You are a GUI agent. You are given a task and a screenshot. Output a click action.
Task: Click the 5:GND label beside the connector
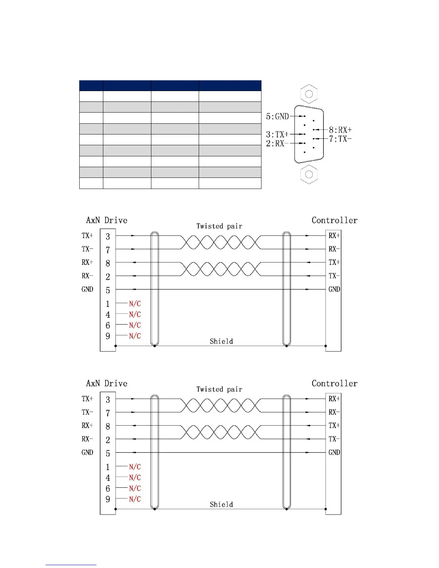(x=277, y=116)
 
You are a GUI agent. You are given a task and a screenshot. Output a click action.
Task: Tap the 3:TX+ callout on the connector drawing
(x=277, y=134)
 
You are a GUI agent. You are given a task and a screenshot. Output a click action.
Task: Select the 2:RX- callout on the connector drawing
(x=275, y=143)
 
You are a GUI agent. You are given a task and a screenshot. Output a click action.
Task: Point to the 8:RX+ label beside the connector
(x=340, y=130)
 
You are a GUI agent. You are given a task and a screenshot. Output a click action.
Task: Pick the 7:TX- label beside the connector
(x=340, y=139)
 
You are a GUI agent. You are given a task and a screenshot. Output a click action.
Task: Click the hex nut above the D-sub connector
(x=309, y=94)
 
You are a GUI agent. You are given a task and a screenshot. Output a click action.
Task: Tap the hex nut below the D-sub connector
(x=309, y=175)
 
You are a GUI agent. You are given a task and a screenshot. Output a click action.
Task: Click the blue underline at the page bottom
(x=71, y=565)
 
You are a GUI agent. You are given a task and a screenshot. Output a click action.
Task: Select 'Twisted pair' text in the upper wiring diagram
(x=219, y=226)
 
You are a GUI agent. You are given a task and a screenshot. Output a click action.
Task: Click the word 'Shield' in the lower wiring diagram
(x=221, y=505)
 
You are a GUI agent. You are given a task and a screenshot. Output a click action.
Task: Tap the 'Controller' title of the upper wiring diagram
(x=334, y=220)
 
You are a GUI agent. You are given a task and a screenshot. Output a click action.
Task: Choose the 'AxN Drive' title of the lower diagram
(x=107, y=383)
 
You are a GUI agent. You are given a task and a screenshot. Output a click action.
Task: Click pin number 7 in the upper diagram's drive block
(x=108, y=250)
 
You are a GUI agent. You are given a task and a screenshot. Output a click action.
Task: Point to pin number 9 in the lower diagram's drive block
(x=108, y=499)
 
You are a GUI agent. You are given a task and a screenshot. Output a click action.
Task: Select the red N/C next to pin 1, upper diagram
(x=135, y=304)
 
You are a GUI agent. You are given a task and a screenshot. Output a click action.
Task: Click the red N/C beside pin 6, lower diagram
(x=135, y=488)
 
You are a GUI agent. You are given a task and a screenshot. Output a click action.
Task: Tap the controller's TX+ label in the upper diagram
(x=334, y=262)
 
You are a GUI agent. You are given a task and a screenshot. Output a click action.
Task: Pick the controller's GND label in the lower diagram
(x=334, y=453)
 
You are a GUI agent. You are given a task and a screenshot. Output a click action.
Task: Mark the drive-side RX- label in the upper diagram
(x=87, y=276)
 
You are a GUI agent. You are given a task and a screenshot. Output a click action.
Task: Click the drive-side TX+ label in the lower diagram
(x=87, y=399)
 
